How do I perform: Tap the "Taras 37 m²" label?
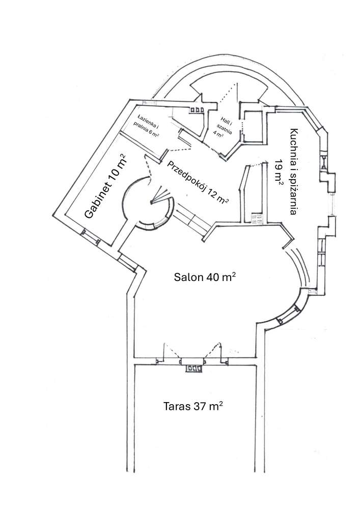[193, 407]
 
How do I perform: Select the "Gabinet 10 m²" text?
[105, 188]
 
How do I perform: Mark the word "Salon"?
[186, 277]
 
